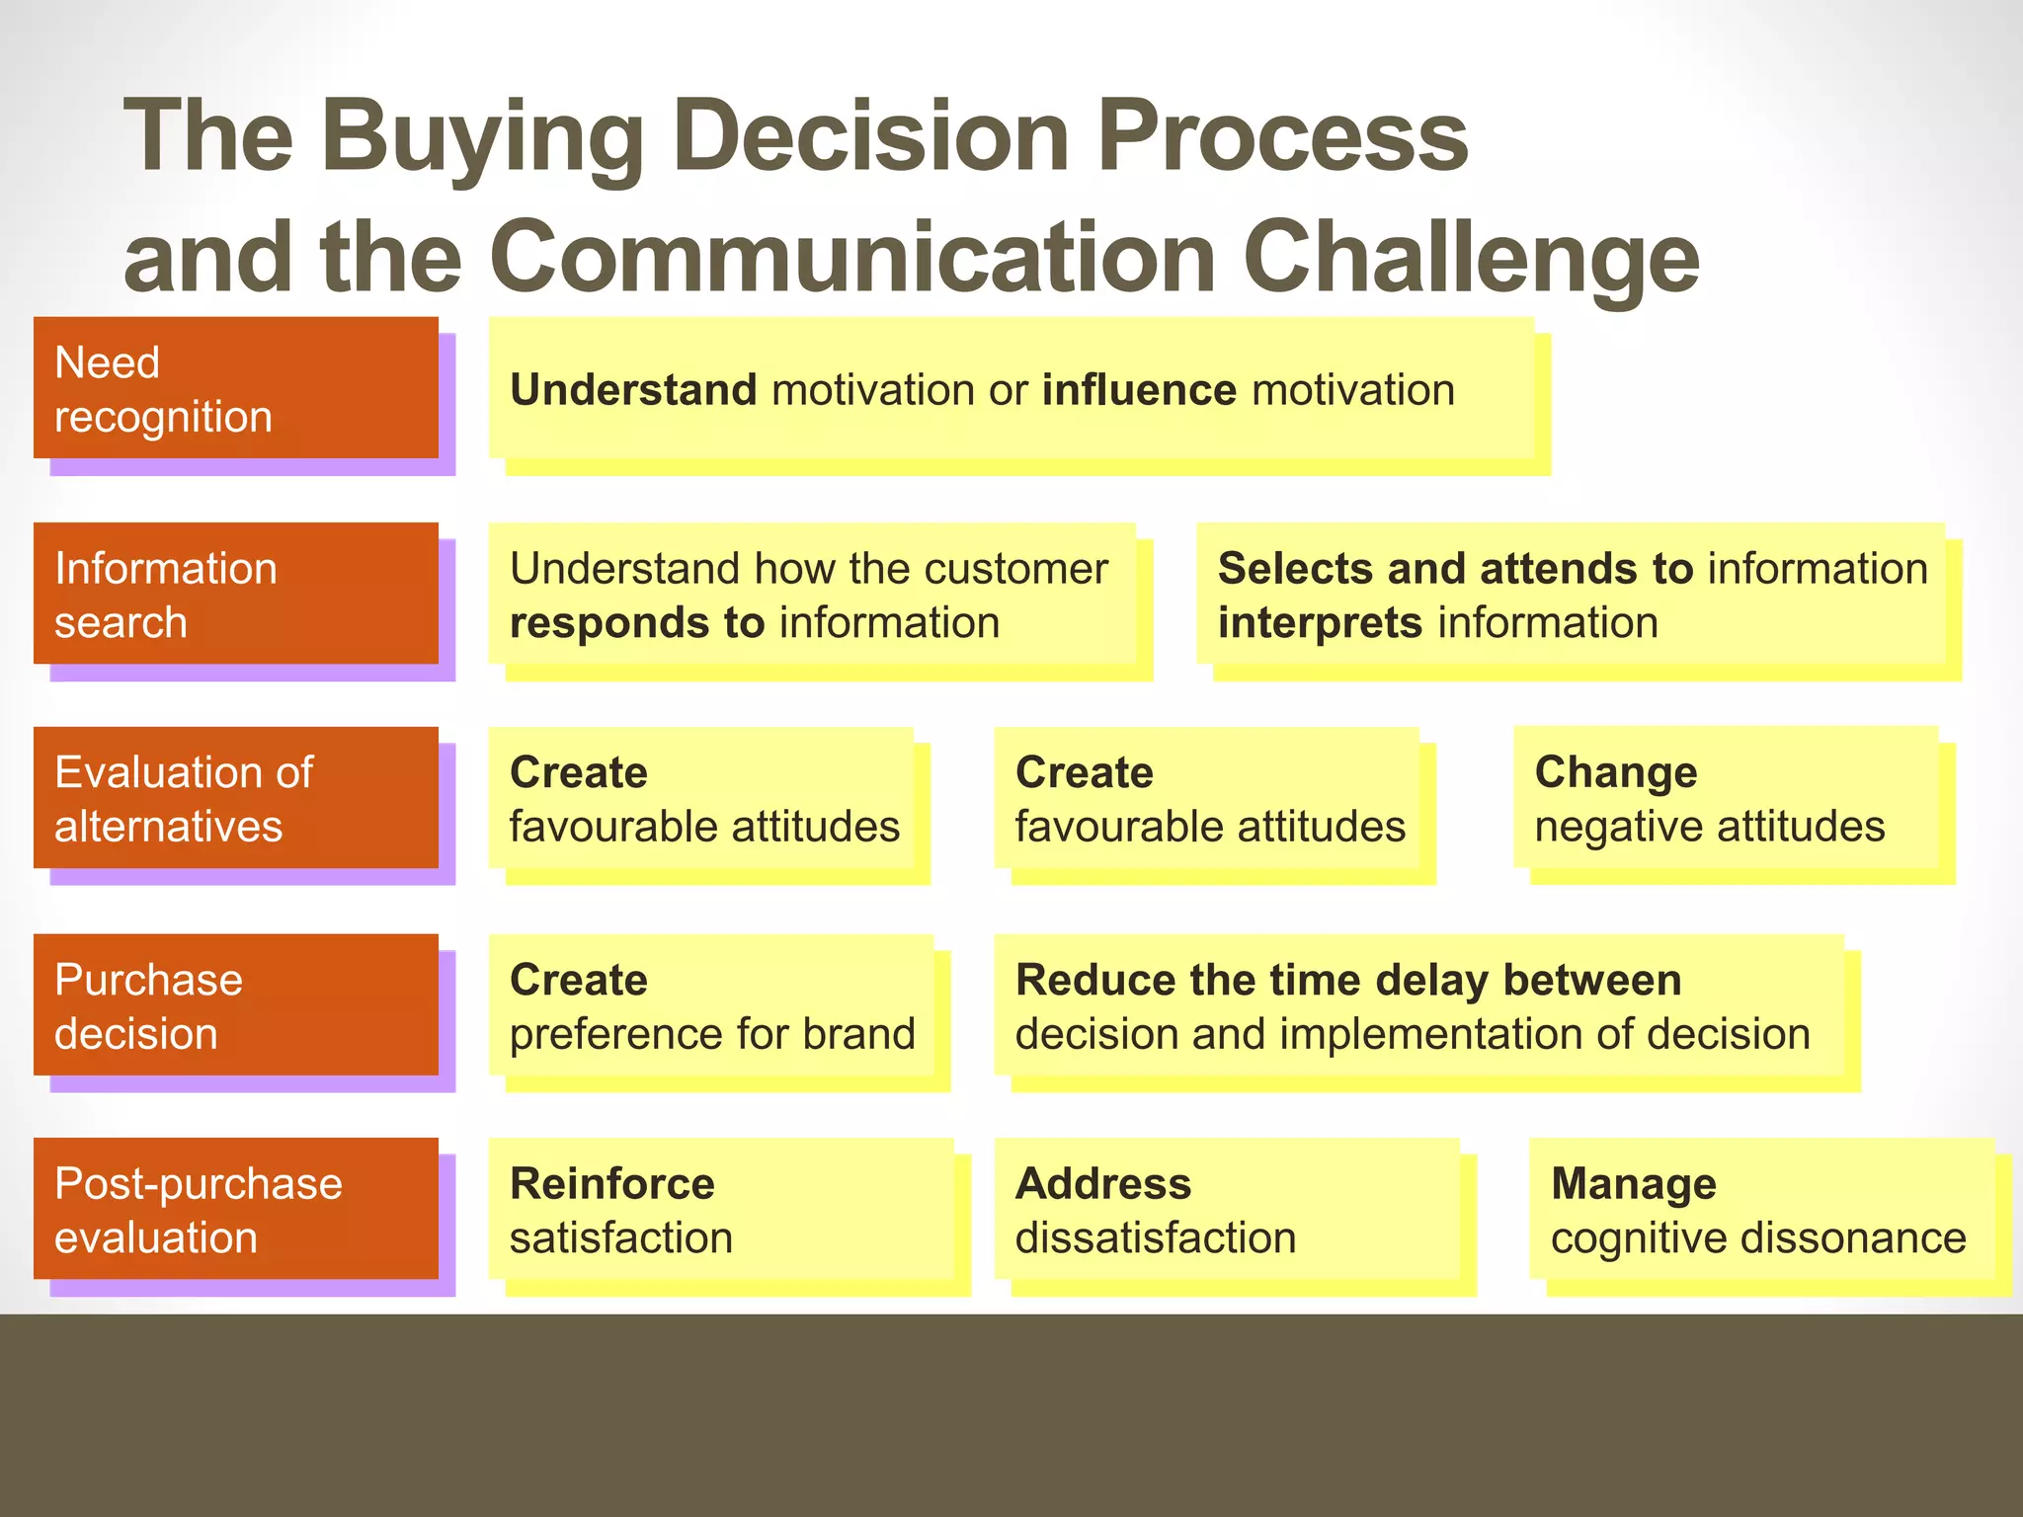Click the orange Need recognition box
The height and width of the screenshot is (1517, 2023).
(x=235, y=388)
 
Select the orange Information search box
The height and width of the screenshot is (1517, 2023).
(x=235, y=594)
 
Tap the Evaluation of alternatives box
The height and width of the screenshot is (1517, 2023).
(x=235, y=798)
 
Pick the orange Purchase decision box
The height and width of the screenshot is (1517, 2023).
(x=235, y=1004)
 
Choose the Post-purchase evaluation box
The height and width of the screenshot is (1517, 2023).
(x=235, y=1209)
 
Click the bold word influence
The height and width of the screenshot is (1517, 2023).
(x=1138, y=390)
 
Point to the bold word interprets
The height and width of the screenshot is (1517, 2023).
(x=1320, y=623)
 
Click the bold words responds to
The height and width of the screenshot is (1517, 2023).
(x=637, y=623)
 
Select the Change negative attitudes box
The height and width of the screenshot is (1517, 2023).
(x=1725, y=798)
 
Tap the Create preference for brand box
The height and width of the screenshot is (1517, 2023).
(x=711, y=1004)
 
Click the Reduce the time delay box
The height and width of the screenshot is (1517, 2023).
(x=1418, y=1004)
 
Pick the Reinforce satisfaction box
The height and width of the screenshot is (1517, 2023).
(x=721, y=1209)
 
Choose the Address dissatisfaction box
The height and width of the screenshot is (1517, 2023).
(x=1226, y=1209)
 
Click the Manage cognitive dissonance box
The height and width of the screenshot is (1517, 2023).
(x=1760, y=1209)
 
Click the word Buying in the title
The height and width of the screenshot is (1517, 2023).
(x=483, y=138)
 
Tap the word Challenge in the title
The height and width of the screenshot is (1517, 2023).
(x=1471, y=259)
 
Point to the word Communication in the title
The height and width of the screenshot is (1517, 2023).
(x=852, y=259)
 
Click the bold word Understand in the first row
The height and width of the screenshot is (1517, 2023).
(x=633, y=390)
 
